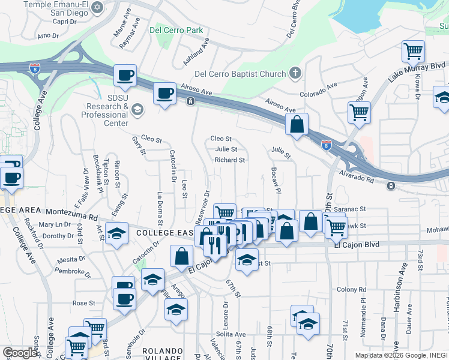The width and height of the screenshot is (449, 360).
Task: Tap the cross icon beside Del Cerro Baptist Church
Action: (x=294, y=74)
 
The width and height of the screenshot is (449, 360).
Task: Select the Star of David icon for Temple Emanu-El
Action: (x=97, y=7)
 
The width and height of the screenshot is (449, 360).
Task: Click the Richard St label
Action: (x=230, y=160)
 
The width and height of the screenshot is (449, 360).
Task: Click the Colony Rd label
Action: (x=351, y=290)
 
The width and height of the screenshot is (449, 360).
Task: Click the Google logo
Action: (x=20, y=353)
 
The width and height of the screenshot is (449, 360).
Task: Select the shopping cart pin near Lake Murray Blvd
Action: (x=414, y=52)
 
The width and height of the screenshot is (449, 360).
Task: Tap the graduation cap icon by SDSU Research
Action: (x=137, y=109)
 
